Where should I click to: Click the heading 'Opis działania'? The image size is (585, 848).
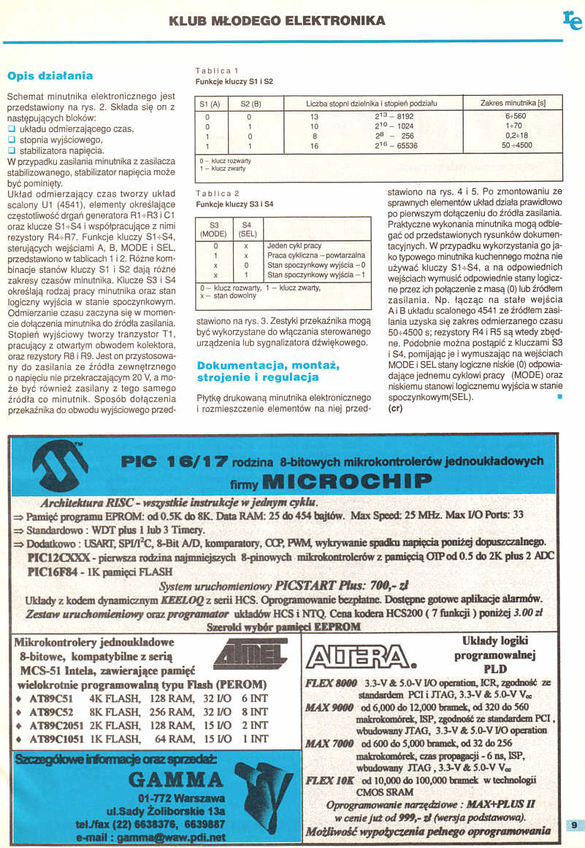50,76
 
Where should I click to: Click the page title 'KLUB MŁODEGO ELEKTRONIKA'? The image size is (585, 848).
277,20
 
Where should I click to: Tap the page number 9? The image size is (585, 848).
575,825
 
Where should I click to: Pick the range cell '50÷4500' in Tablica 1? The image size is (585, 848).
517,145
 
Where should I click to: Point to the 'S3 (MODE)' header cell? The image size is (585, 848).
214,230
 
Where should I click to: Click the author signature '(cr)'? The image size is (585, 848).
396,408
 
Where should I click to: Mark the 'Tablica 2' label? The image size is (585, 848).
214,194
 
